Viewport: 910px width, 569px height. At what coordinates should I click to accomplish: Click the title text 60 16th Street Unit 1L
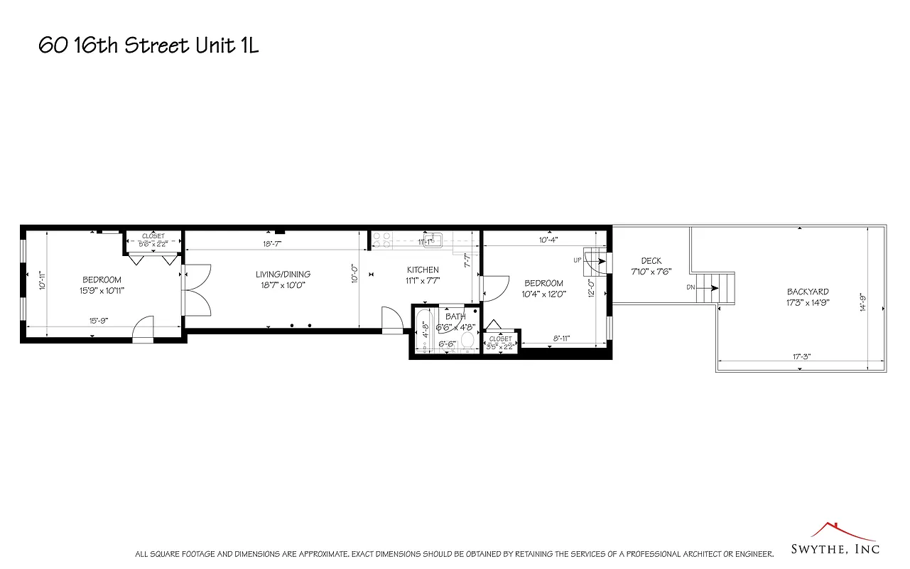[148, 46]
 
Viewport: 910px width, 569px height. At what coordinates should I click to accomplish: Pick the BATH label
[455, 317]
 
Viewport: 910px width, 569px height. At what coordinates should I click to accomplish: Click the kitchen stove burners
[382, 239]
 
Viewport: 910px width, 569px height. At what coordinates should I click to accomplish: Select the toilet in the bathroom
[467, 341]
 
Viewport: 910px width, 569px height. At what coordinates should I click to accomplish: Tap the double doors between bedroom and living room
[196, 290]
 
